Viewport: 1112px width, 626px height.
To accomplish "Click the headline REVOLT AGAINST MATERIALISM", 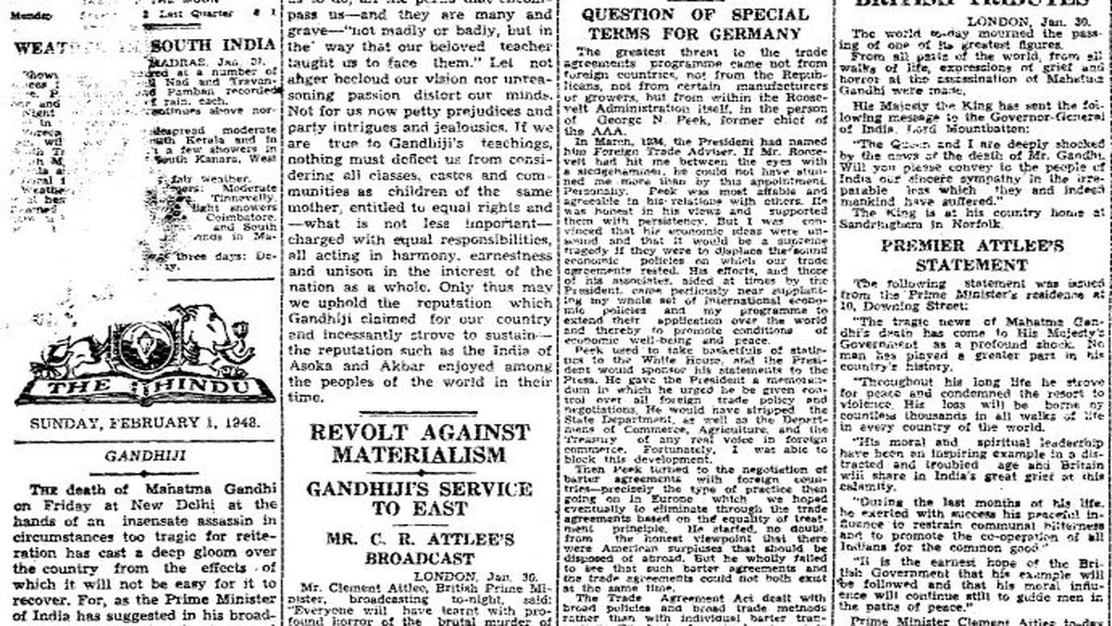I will click(419, 444).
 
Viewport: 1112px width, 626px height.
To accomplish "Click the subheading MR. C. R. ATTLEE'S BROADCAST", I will click(419, 549).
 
